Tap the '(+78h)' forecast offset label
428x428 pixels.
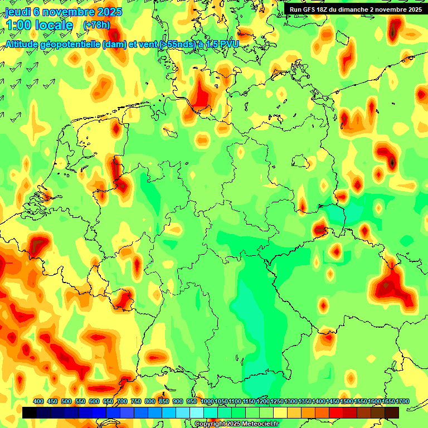point(96,25)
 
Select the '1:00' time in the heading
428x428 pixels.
point(18,26)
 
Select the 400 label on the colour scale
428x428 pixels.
point(38,402)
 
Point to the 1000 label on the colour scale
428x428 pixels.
point(207,402)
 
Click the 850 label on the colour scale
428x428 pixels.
point(164,402)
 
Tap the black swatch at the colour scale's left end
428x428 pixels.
point(30,412)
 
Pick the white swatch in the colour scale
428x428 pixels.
point(197,412)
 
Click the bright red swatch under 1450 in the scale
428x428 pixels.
point(336,412)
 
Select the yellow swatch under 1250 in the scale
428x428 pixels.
point(280,412)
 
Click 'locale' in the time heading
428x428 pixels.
point(55,26)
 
